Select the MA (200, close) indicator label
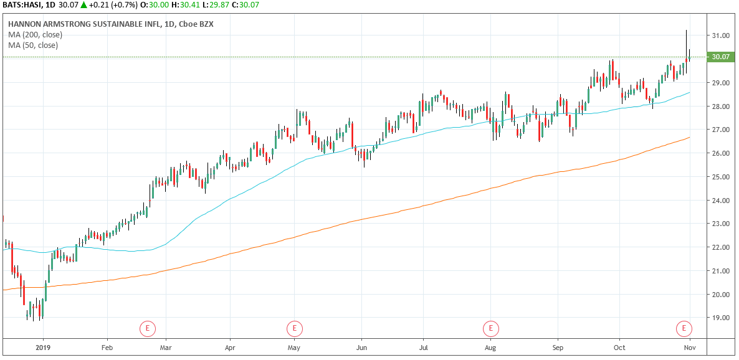(x=36, y=34)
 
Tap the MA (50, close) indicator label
(x=33, y=45)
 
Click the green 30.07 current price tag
(x=720, y=57)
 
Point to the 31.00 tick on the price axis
(x=721, y=36)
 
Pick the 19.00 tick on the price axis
(x=721, y=318)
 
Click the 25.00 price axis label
(x=721, y=177)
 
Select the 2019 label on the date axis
(x=42, y=348)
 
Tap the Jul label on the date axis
(x=424, y=348)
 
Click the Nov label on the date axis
(x=689, y=348)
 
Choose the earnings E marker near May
(x=294, y=328)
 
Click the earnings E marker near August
(x=491, y=328)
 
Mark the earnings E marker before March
(x=148, y=328)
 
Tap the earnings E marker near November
(x=684, y=328)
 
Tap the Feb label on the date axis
(x=107, y=348)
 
